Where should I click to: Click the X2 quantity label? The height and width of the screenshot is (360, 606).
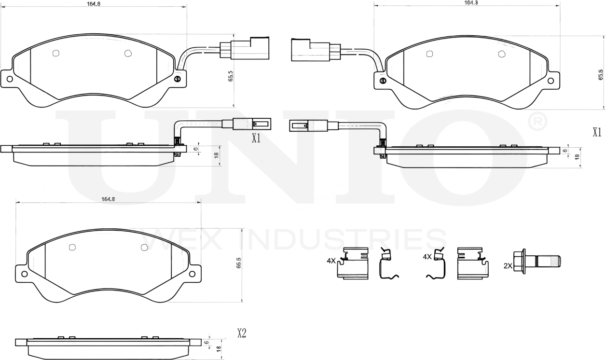(x=242, y=333)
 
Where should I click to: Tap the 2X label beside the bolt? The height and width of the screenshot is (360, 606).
(x=508, y=265)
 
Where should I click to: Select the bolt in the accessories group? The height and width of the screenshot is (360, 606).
(x=537, y=261)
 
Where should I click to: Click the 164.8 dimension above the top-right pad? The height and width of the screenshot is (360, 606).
(x=470, y=2)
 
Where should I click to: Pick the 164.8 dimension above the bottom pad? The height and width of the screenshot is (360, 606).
(x=108, y=199)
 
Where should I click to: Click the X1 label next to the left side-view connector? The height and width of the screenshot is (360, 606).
(x=256, y=138)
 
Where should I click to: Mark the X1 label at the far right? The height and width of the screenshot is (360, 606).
(x=597, y=132)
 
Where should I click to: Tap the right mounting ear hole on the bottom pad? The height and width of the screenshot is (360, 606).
(x=192, y=274)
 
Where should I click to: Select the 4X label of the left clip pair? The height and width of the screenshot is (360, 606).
(x=331, y=260)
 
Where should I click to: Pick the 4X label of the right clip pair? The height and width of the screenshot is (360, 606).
(x=427, y=257)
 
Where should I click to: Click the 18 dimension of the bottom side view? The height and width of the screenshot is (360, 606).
(x=218, y=348)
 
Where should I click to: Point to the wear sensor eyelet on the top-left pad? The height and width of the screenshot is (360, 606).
(x=177, y=79)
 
